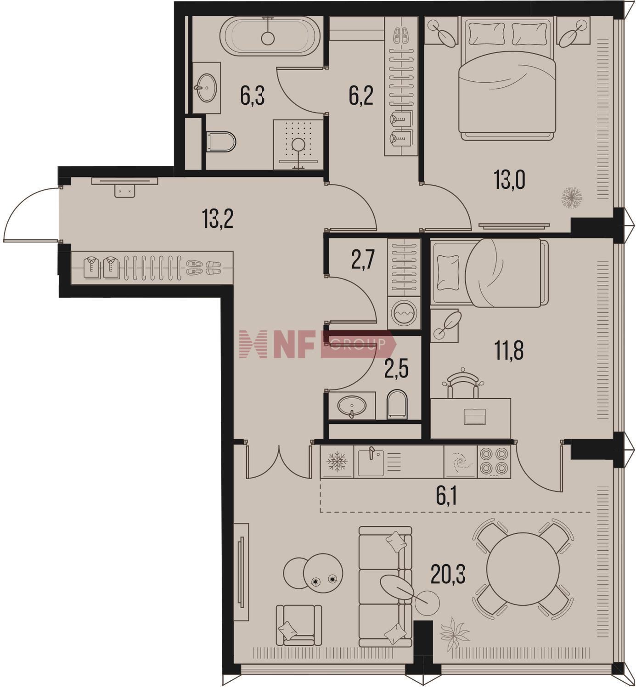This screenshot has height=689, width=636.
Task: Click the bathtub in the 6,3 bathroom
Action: coord(270,36)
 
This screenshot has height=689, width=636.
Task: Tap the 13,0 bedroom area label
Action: coord(509,180)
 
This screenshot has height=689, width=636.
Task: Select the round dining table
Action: coord(523,569)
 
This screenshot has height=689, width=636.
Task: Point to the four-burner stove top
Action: coord(493,462)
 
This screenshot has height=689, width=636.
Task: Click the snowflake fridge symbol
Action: coord(337,462)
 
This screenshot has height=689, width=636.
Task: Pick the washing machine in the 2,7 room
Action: coord(404,313)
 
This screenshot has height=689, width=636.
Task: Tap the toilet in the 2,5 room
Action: coord(397,405)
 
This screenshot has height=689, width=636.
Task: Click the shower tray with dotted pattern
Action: coord(298,145)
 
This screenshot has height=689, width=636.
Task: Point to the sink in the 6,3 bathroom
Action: coord(207,88)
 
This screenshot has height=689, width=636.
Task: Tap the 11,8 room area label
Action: coord(509,351)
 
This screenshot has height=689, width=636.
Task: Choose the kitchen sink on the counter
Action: coord(371,462)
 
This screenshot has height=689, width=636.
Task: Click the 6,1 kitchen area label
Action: coord(446,497)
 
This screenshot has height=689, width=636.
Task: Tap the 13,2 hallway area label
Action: coord(218,219)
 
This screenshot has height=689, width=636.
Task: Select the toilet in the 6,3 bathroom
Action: coord(221,141)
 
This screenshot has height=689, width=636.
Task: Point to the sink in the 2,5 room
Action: coord(352,406)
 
